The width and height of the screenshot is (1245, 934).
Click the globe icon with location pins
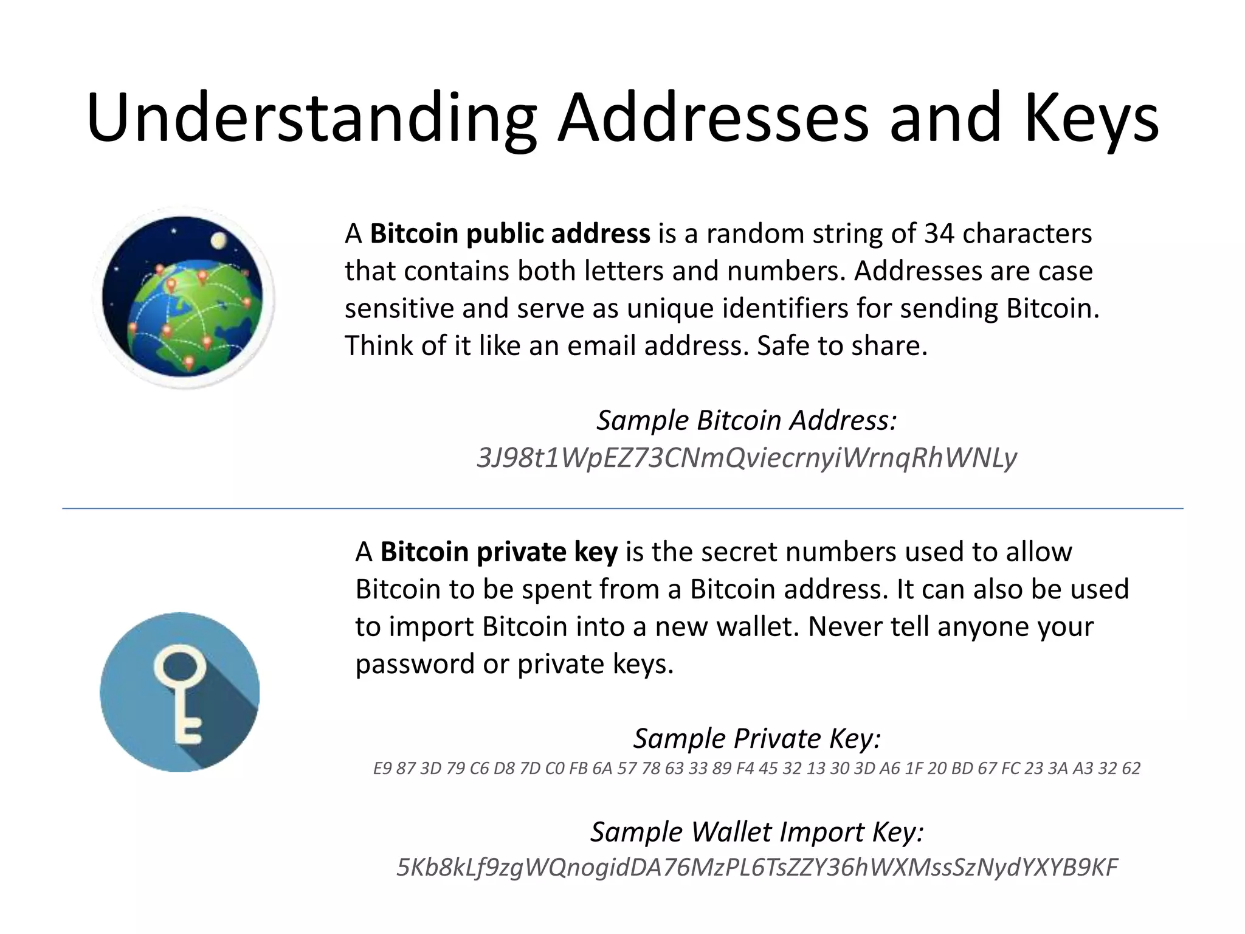click(x=183, y=298)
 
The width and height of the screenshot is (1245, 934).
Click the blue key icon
click(x=180, y=691)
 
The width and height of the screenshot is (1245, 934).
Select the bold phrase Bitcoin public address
click(x=510, y=233)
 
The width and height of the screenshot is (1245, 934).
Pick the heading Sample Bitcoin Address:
click(x=747, y=420)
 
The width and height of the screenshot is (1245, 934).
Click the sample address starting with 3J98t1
click(x=747, y=458)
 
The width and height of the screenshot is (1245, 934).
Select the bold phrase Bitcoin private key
click(x=498, y=552)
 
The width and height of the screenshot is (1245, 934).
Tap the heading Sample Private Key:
click(x=757, y=738)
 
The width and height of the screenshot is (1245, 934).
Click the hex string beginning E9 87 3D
click(x=756, y=769)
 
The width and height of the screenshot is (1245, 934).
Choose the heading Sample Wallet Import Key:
click(x=757, y=831)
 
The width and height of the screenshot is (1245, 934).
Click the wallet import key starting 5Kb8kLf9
click(x=757, y=868)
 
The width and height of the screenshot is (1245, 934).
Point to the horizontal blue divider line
click(x=622, y=508)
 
